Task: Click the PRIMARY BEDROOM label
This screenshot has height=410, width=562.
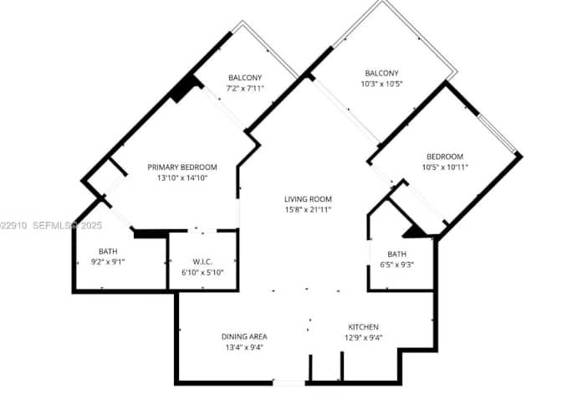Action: tap(182, 167)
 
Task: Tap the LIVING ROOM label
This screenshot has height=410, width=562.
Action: tap(308, 199)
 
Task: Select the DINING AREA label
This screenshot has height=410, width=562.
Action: tap(244, 336)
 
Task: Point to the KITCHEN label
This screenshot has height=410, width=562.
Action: tap(364, 327)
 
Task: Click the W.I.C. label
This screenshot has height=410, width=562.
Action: tap(202, 262)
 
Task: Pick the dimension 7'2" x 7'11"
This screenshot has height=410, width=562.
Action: tap(245, 88)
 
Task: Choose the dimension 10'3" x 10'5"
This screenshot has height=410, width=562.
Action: tap(381, 84)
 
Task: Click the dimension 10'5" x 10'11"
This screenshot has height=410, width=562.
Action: tap(445, 167)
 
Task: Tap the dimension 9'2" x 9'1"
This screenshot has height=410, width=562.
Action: tap(108, 262)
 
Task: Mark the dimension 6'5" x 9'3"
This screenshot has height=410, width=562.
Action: tap(396, 264)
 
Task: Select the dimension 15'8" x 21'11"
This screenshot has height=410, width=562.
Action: tap(308, 209)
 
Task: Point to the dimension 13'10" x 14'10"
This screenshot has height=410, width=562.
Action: tap(182, 177)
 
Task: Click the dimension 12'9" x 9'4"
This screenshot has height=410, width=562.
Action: tap(364, 337)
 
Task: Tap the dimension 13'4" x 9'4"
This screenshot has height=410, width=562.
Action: tap(244, 347)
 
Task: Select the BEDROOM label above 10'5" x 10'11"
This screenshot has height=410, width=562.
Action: tap(445, 156)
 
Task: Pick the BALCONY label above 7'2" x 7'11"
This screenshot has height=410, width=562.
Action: tap(245, 78)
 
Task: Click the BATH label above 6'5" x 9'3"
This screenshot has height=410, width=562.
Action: tap(396, 254)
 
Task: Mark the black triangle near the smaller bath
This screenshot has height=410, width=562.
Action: tap(416, 232)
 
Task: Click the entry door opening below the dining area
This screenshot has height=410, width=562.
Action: tap(289, 383)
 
